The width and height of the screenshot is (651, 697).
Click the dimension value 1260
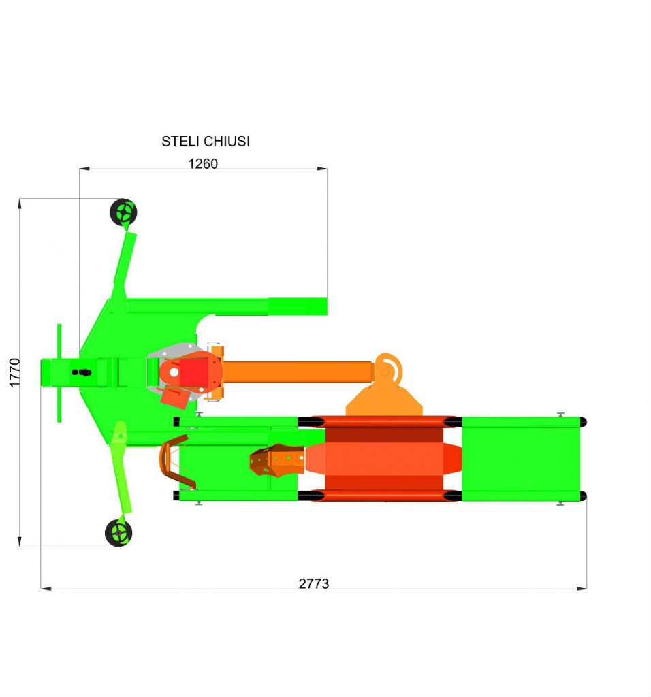[203, 163]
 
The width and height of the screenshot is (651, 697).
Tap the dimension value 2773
[313, 583]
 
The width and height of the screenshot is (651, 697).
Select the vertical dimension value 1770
[15, 372]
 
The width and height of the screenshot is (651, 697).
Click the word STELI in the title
[180, 142]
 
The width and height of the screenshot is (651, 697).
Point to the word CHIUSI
[227, 142]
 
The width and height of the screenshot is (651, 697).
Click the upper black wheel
[123, 212]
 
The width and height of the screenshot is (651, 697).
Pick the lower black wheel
[118, 532]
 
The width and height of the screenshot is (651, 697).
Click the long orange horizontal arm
[297, 372]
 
